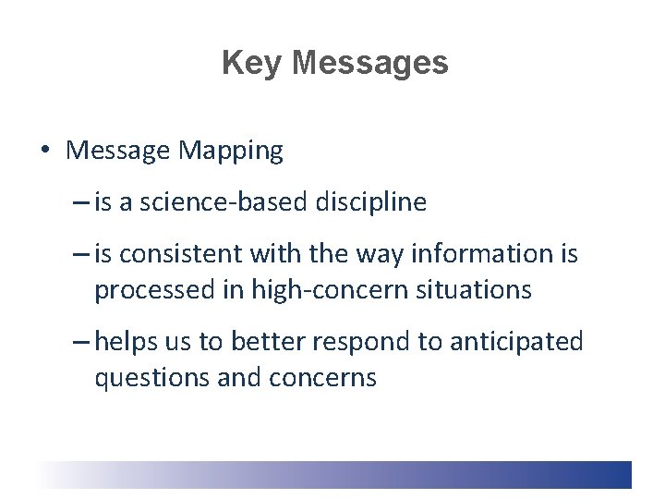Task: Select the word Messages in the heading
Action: (369, 64)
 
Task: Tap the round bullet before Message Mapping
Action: (45, 151)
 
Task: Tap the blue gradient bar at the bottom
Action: (369, 474)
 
